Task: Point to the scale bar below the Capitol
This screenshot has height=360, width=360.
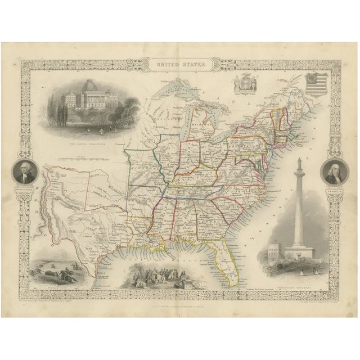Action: (x=84, y=159)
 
